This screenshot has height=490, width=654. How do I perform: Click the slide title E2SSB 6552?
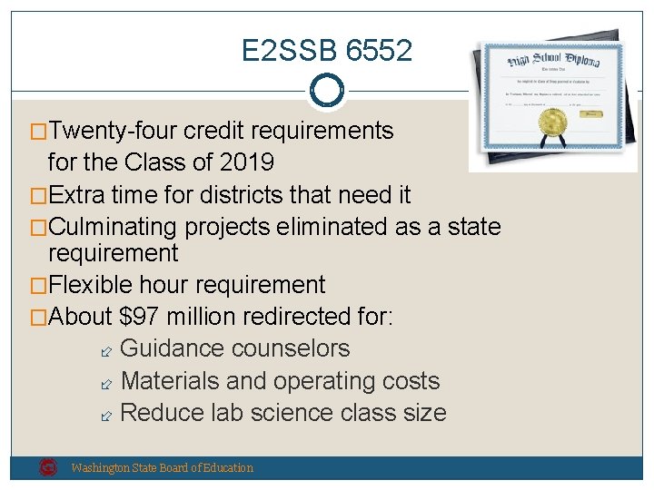327,50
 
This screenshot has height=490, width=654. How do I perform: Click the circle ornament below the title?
327,90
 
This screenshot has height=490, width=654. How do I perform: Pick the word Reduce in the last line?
160,413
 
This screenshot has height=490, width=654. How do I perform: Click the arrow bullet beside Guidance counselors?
105,350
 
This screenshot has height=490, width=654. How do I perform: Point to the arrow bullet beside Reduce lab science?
105,415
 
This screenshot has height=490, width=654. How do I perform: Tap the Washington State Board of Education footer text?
163,468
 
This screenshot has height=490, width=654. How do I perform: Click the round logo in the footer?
48,467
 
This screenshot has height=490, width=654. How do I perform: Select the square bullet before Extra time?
40,195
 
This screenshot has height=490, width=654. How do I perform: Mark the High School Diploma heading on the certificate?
554,60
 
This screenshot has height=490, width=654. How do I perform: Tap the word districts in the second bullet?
219,194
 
